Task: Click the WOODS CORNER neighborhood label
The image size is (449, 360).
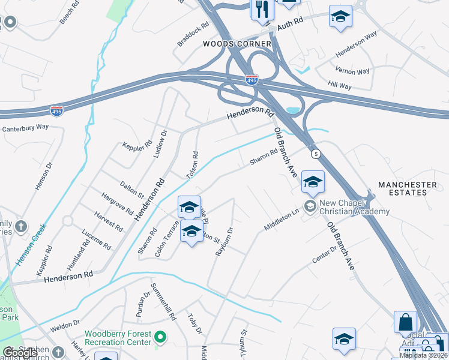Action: (237, 44)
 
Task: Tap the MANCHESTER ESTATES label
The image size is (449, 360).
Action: (408, 188)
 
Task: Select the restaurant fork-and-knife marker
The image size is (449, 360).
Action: (262, 10)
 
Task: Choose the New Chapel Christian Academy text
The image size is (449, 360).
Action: (354, 208)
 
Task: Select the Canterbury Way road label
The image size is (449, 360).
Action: (25, 128)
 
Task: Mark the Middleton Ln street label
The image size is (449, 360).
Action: (282, 220)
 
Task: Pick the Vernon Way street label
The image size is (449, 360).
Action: (352, 71)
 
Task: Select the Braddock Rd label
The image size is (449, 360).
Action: (193, 35)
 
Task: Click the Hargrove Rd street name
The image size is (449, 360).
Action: (117, 202)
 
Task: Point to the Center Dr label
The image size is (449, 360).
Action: (325, 254)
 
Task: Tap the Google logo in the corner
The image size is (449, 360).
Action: (19, 353)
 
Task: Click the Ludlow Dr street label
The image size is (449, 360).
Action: (160, 143)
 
